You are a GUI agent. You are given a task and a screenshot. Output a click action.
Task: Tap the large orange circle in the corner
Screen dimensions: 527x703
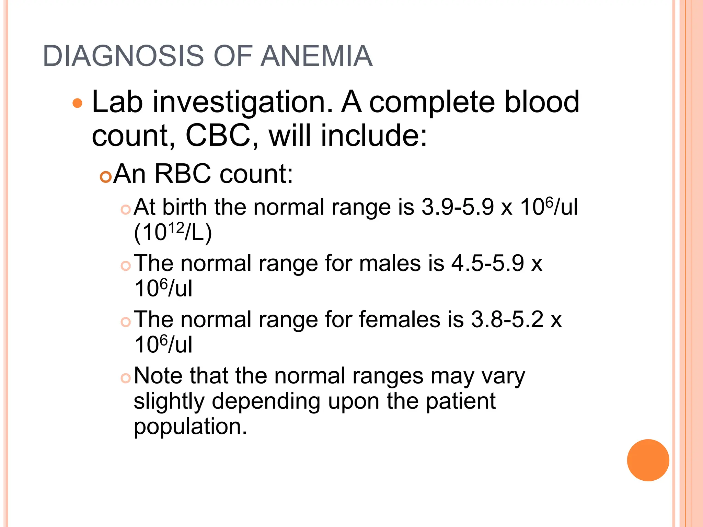pos(648,460)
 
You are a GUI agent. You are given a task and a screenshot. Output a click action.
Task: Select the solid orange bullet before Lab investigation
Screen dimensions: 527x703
pos(78,103)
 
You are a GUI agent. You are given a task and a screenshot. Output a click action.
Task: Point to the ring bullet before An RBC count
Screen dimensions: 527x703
pos(106,177)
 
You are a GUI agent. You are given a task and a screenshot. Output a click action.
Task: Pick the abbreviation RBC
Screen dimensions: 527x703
pos(182,174)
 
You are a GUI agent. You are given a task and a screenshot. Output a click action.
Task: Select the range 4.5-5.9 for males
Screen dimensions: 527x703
pos(487,263)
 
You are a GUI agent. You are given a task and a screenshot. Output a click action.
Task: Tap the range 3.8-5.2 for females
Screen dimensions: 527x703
pos(507,319)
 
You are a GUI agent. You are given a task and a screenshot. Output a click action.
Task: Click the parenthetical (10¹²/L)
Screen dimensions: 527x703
pos(173,233)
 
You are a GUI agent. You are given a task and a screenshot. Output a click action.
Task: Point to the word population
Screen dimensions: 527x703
pos(190,426)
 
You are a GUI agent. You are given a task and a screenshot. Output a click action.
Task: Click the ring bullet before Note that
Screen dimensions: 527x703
pos(126,378)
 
